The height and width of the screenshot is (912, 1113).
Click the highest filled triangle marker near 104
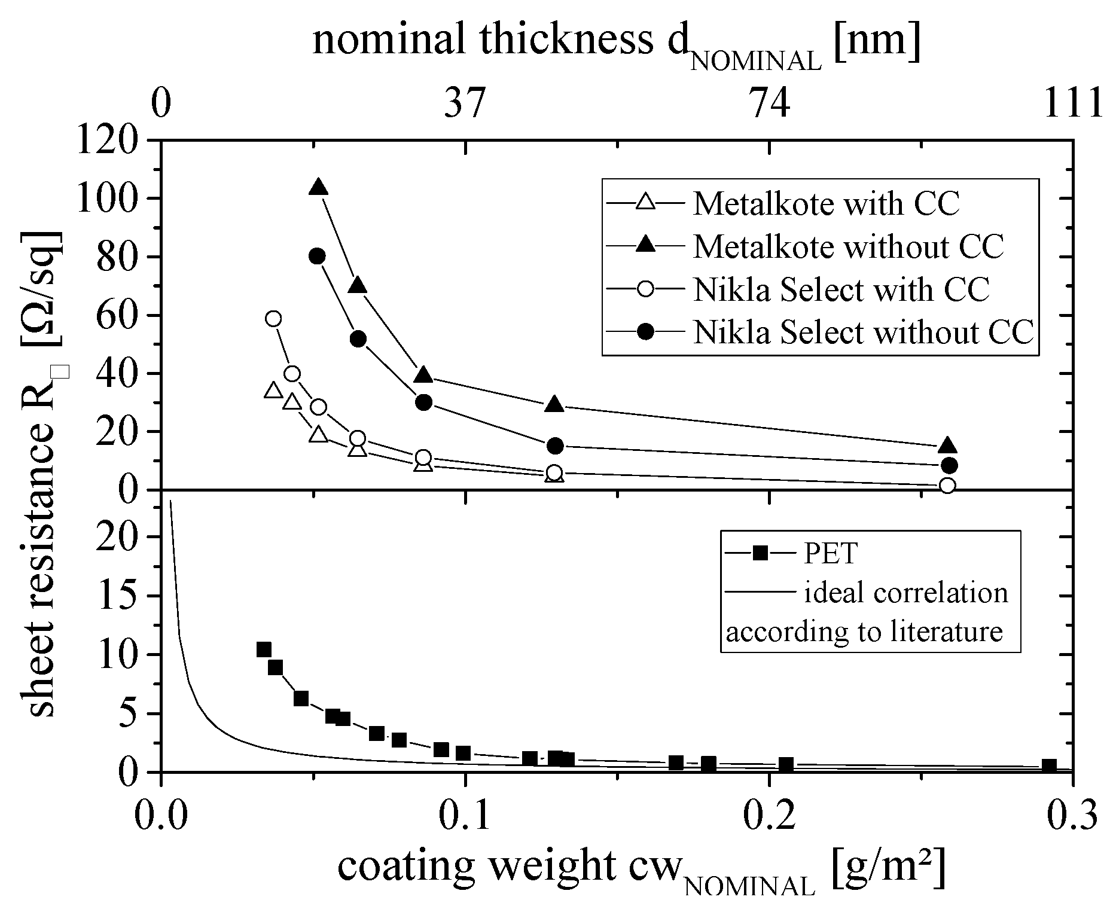tap(319, 187)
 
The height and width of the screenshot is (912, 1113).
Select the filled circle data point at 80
tap(318, 256)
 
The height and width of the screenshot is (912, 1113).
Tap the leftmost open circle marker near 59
tap(273, 318)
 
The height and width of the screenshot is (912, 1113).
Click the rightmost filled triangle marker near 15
tap(948, 446)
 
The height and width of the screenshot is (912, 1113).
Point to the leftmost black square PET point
tap(264, 649)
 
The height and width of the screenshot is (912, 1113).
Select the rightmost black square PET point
tap(1049, 765)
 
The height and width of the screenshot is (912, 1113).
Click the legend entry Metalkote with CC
tap(826, 204)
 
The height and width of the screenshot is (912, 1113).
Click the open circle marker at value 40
tap(292, 374)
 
